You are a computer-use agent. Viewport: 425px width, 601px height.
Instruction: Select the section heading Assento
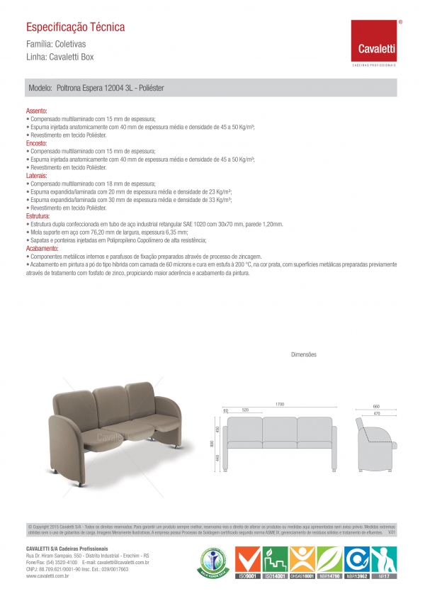(36, 112)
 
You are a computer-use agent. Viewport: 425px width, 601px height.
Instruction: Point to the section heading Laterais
(37, 175)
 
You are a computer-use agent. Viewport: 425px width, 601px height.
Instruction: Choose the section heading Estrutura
(38, 215)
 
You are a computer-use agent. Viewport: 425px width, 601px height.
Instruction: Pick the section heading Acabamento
(42, 249)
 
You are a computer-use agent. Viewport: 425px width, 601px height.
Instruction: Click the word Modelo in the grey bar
(40, 89)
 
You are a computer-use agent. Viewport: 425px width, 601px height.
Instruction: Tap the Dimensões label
(303, 354)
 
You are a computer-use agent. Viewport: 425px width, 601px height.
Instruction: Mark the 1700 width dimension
(280, 404)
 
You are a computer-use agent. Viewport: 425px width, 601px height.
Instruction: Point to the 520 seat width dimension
(244, 410)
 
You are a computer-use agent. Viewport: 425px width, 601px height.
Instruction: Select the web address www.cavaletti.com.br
(47, 576)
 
